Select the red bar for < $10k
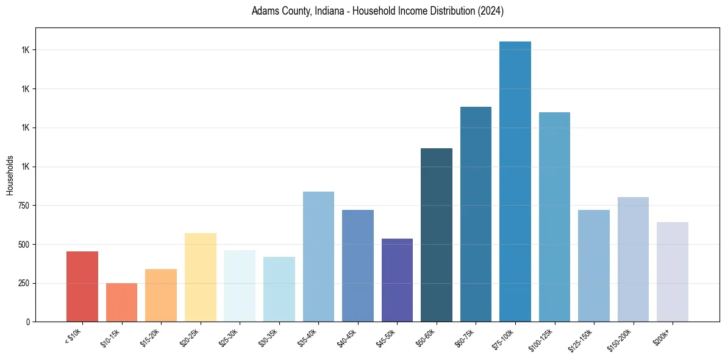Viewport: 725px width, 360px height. [x=82, y=287]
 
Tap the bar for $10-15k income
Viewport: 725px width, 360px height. [x=121, y=303]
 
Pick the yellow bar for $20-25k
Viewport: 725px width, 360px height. [x=200, y=278]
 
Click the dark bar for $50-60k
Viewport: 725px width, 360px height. [x=436, y=235]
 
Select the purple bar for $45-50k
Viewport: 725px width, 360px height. [x=397, y=280]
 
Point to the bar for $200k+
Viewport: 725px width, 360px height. [x=672, y=272]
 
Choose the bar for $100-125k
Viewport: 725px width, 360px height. [x=554, y=217]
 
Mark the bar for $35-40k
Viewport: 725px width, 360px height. [x=318, y=257]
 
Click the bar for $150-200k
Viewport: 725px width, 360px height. [x=633, y=259]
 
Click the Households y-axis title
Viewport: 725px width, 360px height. [x=10, y=175]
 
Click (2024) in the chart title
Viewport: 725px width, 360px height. [x=491, y=12]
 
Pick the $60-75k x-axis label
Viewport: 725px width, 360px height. [x=464, y=337]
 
